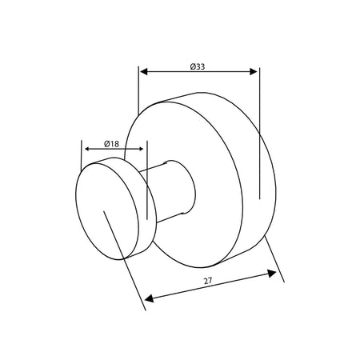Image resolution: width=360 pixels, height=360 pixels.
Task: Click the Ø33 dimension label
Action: pyautogui.click(x=198, y=66)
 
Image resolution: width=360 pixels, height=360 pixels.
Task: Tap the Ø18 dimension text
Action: pyautogui.click(x=111, y=144)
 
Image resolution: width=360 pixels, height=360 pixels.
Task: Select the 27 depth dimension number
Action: pyautogui.click(x=208, y=281)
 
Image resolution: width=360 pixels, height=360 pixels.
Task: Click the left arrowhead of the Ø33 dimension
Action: pyautogui.click(x=144, y=71)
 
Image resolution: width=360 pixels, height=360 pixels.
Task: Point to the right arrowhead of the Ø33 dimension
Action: pyautogui.click(x=254, y=71)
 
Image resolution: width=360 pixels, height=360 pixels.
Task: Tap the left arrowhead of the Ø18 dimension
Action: pyautogui.click(x=86, y=149)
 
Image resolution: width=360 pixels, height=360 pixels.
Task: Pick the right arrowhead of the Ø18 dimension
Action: pyautogui.click(x=142, y=149)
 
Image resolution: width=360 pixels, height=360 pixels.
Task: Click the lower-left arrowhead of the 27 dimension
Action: pyautogui.click(x=149, y=298)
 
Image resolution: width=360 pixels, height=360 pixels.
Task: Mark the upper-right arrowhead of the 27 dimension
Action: pyautogui.click(x=272, y=274)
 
